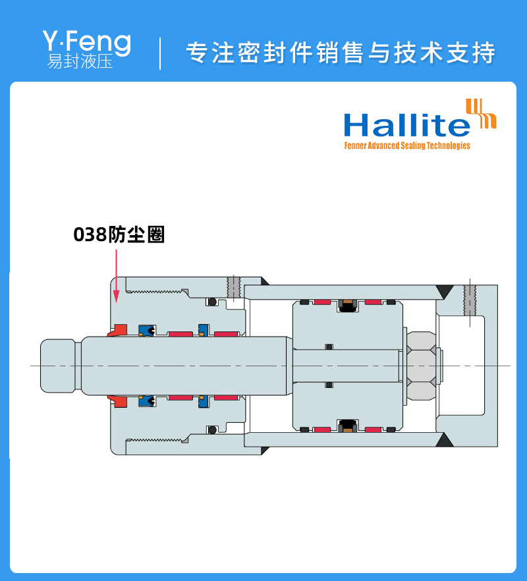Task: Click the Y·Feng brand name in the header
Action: [x=86, y=42]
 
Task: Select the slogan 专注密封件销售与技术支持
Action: [x=340, y=53]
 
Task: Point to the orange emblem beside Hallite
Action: [x=481, y=113]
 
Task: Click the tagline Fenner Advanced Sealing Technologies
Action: [x=407, y=146]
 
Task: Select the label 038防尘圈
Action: [x=119, y=235]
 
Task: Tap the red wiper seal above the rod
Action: [x=119, y=330]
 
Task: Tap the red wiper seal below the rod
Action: [x=119, y=401]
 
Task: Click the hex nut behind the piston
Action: [x=422, y=366]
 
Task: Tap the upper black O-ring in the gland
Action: [x=212, y=302]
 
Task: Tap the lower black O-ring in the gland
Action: [x=212, y=430]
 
